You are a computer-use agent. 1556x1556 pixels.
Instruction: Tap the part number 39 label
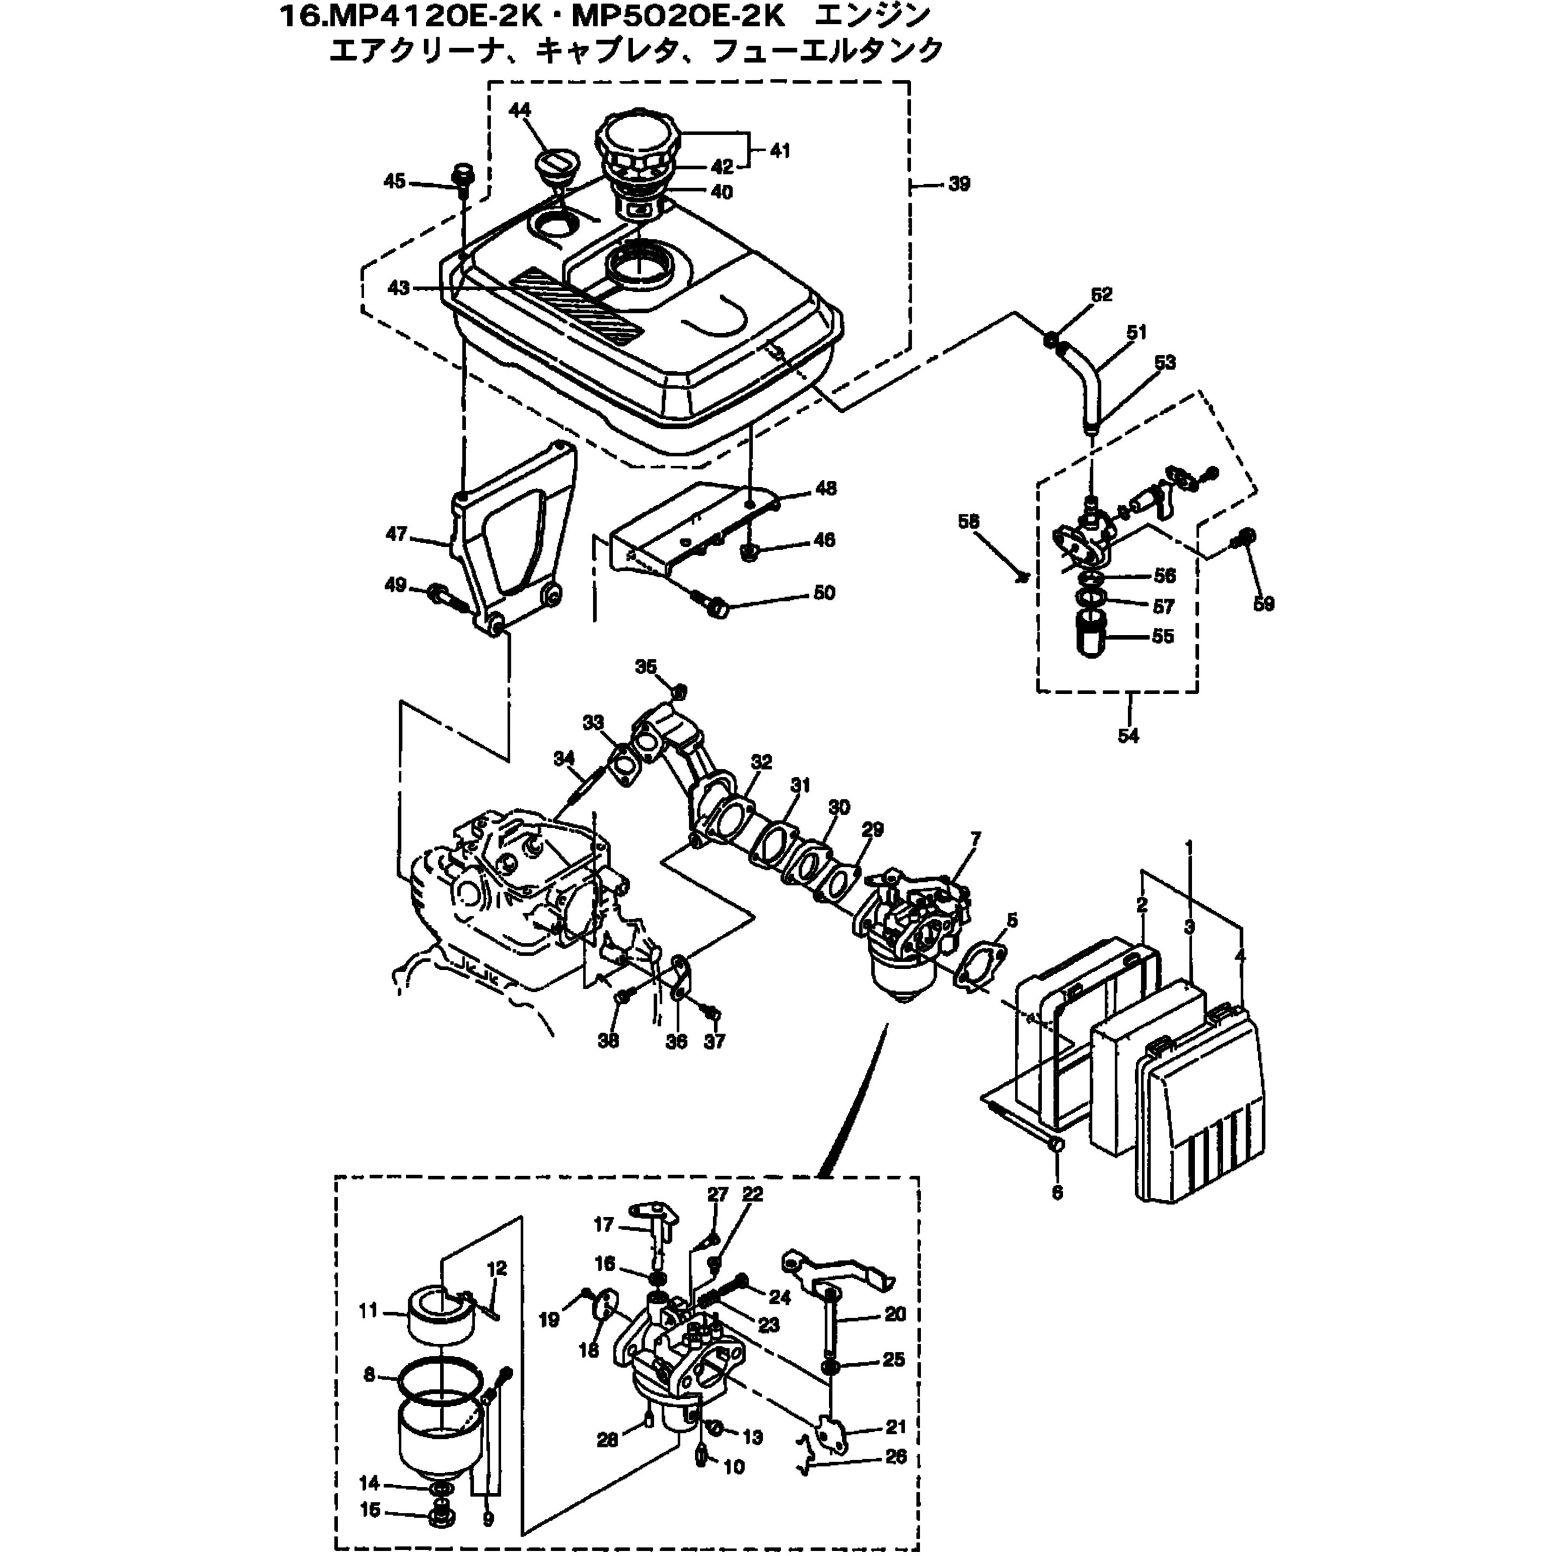pos(958,184)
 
